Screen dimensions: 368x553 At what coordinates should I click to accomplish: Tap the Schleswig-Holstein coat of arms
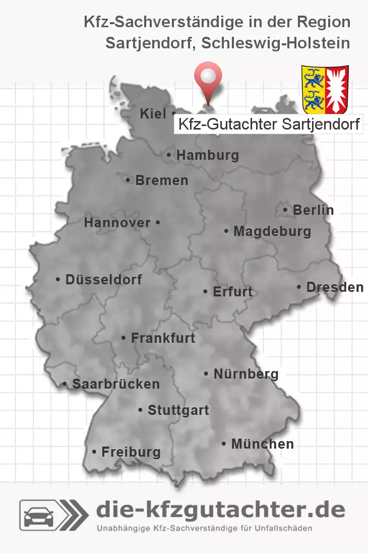point(325,89)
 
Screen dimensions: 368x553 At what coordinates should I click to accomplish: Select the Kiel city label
point(153,114)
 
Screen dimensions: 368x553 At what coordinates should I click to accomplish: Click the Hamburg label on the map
point(207,155)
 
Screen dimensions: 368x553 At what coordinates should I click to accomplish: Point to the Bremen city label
point(161,180)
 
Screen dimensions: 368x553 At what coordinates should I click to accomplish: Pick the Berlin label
point(313,210)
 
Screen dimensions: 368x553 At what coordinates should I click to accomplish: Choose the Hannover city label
point(117,223)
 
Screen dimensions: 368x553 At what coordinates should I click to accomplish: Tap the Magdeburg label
point(272,232)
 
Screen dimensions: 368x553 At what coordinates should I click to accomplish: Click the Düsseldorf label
point(103,279)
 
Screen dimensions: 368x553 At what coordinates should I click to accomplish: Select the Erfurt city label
point(232,292)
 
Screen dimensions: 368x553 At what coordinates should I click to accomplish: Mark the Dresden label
point(335,287)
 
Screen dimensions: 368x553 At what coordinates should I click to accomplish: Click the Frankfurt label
point(162,338)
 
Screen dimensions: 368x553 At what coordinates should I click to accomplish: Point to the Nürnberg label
point(246,374)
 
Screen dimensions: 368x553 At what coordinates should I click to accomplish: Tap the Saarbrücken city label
point(115,384)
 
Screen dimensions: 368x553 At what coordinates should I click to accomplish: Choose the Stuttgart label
point(178,410)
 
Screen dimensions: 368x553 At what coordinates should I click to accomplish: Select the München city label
point(262,444)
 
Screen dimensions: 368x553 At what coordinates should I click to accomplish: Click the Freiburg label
point(131,452)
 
